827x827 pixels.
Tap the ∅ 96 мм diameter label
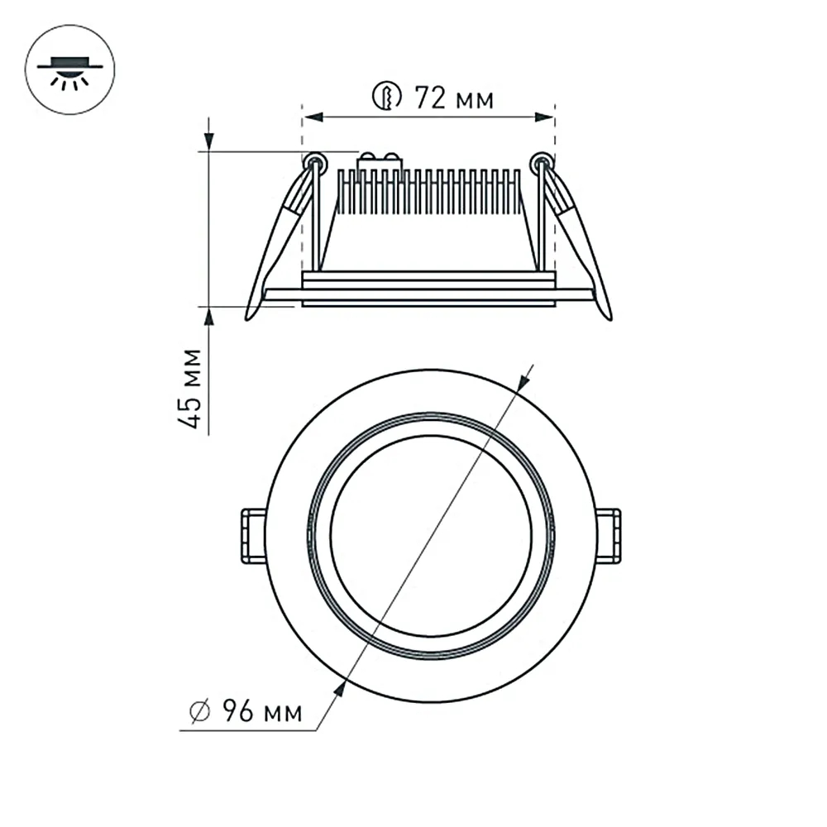click(x=245, y=710)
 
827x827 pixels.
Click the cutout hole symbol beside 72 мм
click(x=386, y=98)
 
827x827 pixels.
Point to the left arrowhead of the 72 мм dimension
click(x=313, y=118)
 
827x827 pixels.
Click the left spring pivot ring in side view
click(x=313, y=160)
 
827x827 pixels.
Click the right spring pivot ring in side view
click(x=542, y=160)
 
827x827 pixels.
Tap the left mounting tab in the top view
click(x=252, y=537)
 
